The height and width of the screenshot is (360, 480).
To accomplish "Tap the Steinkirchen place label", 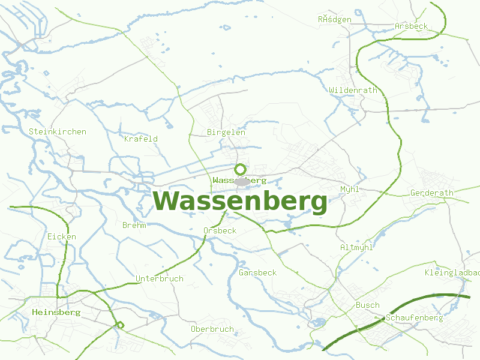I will click(58, 131).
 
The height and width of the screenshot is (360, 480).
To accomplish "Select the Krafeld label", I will click(141, 139).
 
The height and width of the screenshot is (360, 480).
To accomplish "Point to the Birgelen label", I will click(226, 132).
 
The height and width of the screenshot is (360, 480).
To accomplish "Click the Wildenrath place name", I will click(353, 90).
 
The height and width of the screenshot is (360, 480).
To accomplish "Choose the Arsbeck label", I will click(412, 26).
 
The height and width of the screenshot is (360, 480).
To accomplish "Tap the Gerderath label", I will click(432, 193).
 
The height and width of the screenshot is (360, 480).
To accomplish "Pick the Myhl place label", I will click(349, 189).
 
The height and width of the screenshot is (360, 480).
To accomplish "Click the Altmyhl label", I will click(356, 247).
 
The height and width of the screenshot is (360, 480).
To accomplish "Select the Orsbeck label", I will click(220, 230).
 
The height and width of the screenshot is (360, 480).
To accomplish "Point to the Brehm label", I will click(134, 226).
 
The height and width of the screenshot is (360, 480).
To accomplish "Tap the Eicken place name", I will click(62, 237).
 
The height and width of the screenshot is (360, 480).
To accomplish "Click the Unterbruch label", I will click(160, 279).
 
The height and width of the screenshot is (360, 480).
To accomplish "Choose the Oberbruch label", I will click(212, 329).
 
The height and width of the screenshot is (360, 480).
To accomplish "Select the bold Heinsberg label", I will click(56, 313).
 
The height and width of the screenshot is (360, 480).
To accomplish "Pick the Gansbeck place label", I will click(258, 272).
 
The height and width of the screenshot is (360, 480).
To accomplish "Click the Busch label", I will click(368, 305).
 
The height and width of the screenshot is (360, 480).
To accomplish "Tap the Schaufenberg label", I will click(415, 317).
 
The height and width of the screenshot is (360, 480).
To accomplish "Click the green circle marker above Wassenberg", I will click(240, 169).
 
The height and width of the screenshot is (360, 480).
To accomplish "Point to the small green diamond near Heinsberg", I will click(120, 325).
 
